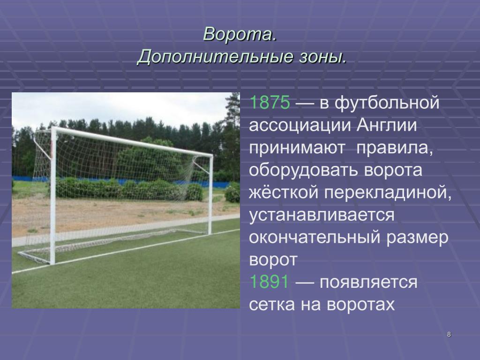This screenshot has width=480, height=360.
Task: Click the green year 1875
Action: [x=270, y=102]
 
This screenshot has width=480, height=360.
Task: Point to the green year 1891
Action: [x=269, y=282]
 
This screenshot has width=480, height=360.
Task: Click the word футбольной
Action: [x=387, y=103]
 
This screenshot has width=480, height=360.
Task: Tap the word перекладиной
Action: [x=388, y=193]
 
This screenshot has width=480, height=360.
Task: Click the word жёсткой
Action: [x=284, y=193]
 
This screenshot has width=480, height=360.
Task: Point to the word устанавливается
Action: [x=322, y=215]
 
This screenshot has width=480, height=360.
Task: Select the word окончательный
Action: [x=315, y=238]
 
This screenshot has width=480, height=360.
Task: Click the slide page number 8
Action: [x=449, y=334]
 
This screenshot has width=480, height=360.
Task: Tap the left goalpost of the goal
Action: [x=52, y=196]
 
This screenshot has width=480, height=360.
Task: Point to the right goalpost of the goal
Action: [x=210, y=195]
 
